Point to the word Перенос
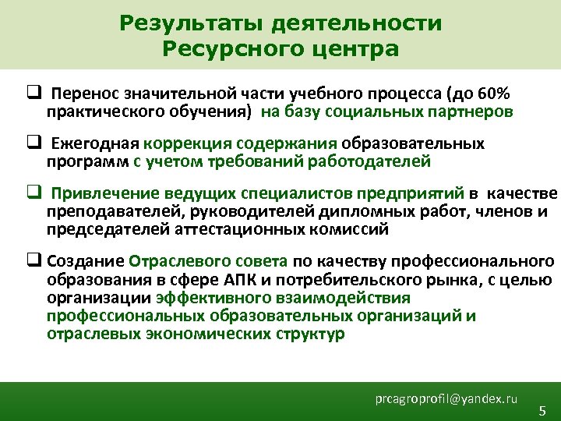(x=80, y=94)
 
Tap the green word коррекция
(x=181, y=145)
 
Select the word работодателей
(x=369, y=162)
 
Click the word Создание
(x=86, y=262)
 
